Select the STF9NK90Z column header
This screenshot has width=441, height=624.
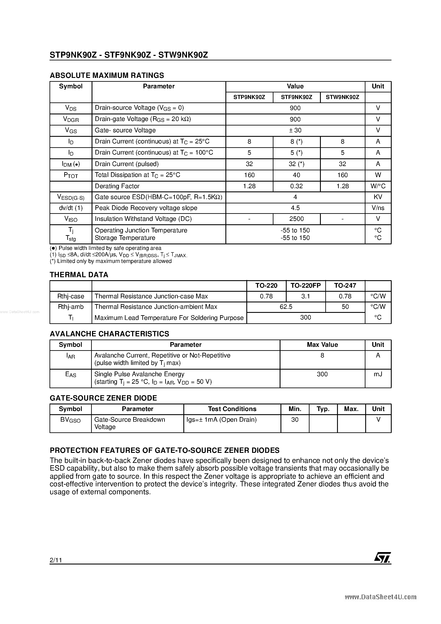(x=296, y=97)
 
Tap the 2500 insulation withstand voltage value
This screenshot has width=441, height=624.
(x=296, y=219)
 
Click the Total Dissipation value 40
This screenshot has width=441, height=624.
(x=296, y=175)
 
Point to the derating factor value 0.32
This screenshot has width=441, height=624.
(x=296, y=186)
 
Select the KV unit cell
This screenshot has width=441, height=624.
(x=378, y=197)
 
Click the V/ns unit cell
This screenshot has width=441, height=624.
(x=378, y=208)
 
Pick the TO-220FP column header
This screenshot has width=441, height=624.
(x=306, y=285)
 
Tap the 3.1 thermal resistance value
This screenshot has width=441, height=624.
(x=306, y=296)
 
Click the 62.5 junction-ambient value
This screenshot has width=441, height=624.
(x=286, y=307)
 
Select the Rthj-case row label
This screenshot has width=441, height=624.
(x=71, y=296)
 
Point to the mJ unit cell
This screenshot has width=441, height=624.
(x=378, y=374)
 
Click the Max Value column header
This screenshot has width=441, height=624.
(x=322, y=345)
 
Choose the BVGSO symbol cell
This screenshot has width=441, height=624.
(x=70, y=420)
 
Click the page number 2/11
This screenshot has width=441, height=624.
(x=56, y=560)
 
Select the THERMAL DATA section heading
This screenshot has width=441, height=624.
(x=79, y=275)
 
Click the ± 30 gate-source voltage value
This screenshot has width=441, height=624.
(x=295, y=130)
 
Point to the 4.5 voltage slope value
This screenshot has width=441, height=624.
(x=295, y=208)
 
